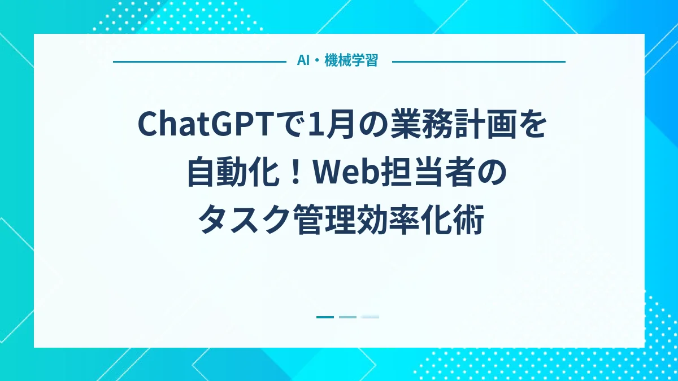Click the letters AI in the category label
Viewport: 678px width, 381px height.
click(x=303, y=61)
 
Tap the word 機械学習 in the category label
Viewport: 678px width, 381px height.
click(x=351, y=61)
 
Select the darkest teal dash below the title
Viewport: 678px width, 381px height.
click(x=325, y=317)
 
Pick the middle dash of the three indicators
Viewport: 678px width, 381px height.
click(x=347, y=317)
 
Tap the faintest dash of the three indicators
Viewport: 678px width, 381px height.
click(x=370, y=317)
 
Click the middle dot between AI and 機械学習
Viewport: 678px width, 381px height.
click(x=317, y=61)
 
